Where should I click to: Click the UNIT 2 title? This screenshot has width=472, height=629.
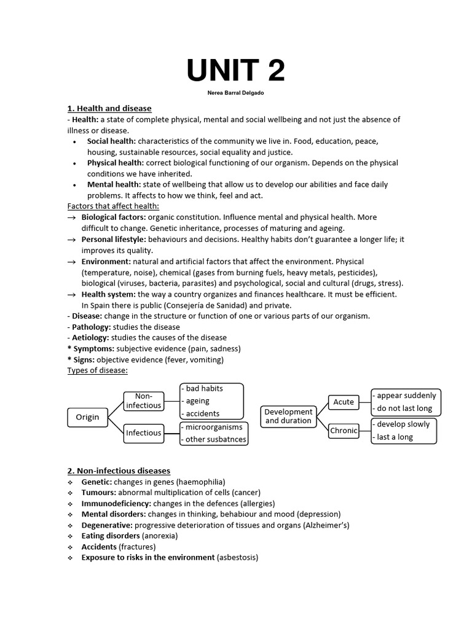click(236, 71)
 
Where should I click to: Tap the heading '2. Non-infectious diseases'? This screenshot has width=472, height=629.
click(119, 471)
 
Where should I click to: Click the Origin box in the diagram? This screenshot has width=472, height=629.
click(87, 417)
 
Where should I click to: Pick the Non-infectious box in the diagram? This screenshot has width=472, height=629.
click(144, 400)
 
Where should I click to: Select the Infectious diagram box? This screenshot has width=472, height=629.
click(144, 432)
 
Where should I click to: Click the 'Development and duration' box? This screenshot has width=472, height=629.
click(288, 416)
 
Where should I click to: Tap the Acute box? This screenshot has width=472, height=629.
click(344, 402)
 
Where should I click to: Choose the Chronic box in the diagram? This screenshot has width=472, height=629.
click(344, 431)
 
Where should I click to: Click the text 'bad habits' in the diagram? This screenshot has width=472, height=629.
click(204, 388)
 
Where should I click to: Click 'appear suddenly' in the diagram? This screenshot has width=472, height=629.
click(406, 396)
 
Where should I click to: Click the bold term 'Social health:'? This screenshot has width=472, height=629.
click(111, 141)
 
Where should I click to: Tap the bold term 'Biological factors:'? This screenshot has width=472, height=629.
click(114, 217)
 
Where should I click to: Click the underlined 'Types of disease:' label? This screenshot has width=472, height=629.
click(97, 370)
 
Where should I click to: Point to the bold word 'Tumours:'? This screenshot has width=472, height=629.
click(98, 493)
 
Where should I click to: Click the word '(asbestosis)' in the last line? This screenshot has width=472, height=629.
click(238, 557)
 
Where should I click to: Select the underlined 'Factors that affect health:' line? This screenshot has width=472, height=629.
click(113, 206)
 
